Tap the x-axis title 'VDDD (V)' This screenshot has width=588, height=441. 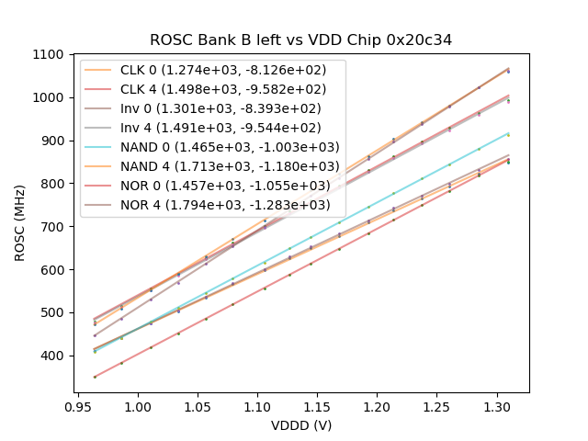point(301,425)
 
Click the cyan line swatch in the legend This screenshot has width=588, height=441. point(99,147)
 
